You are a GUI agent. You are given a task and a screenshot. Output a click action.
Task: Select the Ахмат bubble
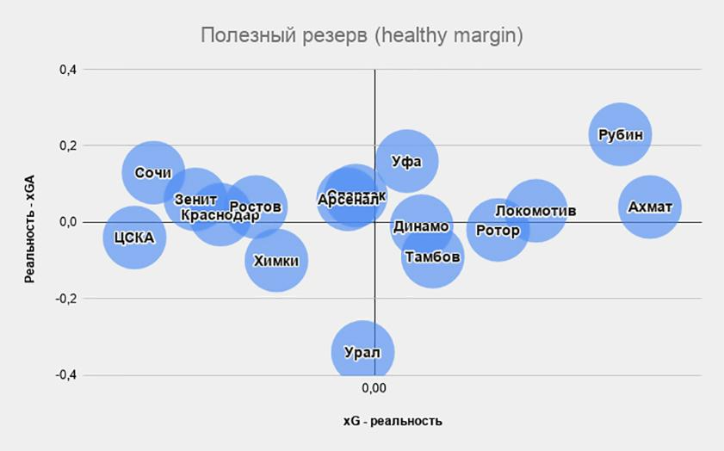[x=650, y=207]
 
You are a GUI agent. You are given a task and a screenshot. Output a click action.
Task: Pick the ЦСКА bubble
[x=133, y=237]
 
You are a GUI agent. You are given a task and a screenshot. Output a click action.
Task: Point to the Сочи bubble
[x=153, y=172]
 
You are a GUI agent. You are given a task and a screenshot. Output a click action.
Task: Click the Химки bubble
[x=276, y=260]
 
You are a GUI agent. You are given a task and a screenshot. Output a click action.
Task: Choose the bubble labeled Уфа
[x=406, y=161]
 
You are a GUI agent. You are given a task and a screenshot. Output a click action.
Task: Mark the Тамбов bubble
[x=432, y=256]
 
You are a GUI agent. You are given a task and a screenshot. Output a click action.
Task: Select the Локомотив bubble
[x=535, y=211]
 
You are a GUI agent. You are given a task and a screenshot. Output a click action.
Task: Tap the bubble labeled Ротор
[x=498, y=230]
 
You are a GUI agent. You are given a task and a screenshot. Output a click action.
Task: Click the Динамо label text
[x=421, y=226]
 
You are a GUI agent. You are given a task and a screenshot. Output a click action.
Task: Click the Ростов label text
[x=256, y=207]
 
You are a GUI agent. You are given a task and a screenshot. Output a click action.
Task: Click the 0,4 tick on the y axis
[x=67, y=69]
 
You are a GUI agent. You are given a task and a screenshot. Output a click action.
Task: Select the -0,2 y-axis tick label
[x=65, y=299]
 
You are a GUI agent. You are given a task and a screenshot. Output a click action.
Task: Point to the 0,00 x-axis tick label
[x=374, y=389]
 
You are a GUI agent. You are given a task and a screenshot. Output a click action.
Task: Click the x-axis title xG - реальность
[x=392, y=421]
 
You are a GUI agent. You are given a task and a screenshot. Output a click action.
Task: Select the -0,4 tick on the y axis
[x=65, y=375]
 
